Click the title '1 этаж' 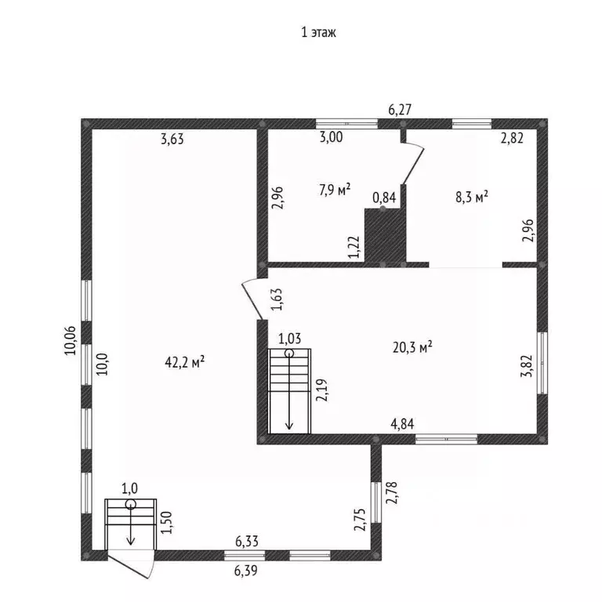(319, 32)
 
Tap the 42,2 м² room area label (185, 361)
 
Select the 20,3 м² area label (413, 347)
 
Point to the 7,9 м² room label (335, 189)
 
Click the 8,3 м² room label (472, 197)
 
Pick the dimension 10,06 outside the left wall (71, 340)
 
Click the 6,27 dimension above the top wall (400, 110)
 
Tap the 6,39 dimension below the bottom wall (245, 571)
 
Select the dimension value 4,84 (402, 424)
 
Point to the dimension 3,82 (527, 366)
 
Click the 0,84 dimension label (384, 198)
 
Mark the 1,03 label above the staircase (289, 339)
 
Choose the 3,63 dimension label (172, 139)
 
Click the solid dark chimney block (385, 235)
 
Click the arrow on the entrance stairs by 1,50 (131, 524)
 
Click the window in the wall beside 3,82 (542, 363)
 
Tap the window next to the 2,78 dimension (376, 502)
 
